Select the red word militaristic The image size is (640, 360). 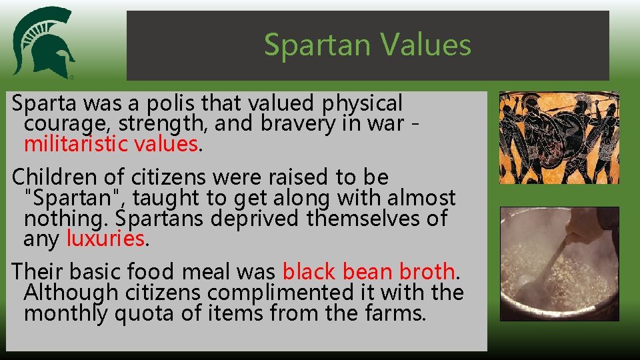pos(76,143)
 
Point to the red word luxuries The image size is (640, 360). pos(105,238)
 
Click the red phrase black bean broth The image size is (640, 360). pos(369,271)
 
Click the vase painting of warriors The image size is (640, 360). pos(559,138)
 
